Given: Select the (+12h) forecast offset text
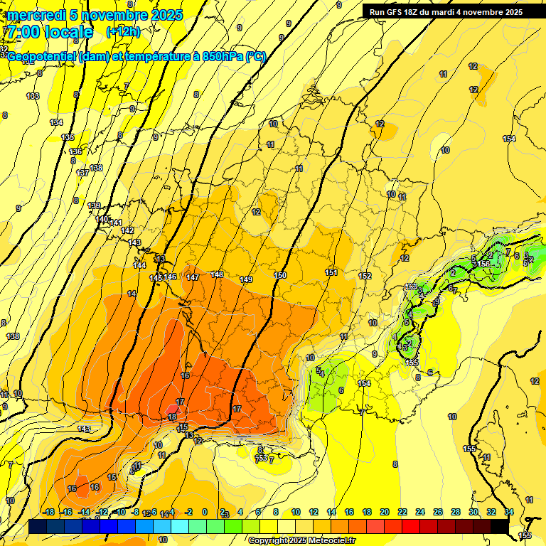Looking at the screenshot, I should pos(123,32).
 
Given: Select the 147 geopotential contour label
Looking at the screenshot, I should pos(193,277).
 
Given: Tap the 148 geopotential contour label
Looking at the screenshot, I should pos(217,274).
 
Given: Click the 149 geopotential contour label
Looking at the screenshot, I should pos(246,279).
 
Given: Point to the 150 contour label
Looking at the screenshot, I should pos(280,275).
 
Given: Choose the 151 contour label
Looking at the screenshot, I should pos(331,272).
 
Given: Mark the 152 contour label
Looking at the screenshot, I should pos(365,276).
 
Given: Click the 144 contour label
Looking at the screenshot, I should pos(139,265).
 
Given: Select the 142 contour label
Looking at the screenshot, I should pos(127,231).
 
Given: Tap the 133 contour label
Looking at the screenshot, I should pos(33,96).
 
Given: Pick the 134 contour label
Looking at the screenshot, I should pos(56,123).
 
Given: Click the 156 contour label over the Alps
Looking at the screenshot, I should pos(484,264).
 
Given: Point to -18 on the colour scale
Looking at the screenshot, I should pos(49,512).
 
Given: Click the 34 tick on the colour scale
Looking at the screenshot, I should pos(509,512).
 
